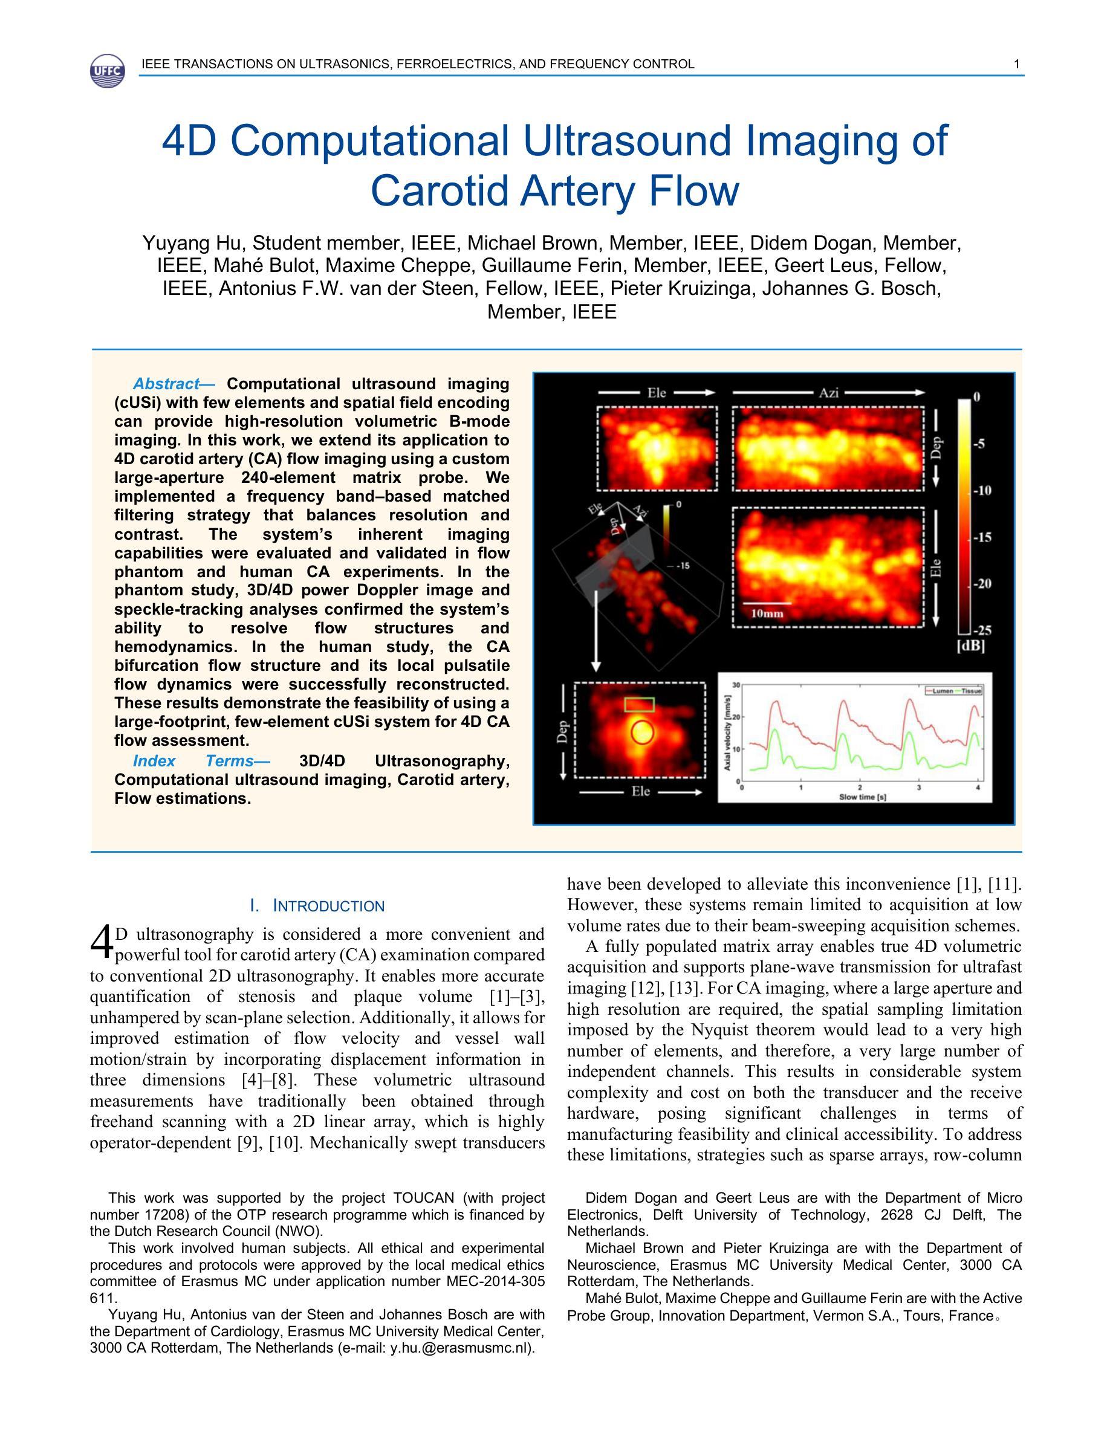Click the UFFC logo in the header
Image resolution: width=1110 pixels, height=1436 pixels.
click(106, 70)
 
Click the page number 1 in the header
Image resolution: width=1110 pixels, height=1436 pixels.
click(1017, 65)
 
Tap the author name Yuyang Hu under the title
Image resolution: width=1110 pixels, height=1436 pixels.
click(194, 244)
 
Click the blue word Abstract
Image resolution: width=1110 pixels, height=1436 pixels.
click(166, 384)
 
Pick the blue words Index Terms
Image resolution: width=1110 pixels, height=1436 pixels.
click(193, 762)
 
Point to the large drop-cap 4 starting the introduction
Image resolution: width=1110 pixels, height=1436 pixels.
click(102, 943)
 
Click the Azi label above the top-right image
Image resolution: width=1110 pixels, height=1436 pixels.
click(828, 393)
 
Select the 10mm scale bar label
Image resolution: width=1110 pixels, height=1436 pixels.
click(767, 614)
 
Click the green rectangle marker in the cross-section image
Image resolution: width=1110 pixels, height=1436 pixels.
click(639, 705)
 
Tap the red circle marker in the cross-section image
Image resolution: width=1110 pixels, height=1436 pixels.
click(642, 733)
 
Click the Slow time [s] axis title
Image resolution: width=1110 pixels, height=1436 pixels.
click(862, 798)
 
